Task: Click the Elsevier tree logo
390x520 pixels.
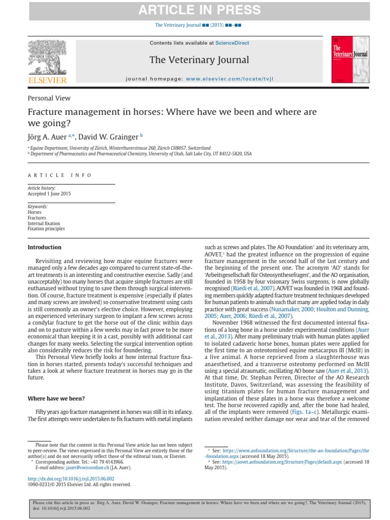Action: pos(46,59)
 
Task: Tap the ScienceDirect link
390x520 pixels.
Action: pos(232,43)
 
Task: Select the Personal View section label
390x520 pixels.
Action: pos(49,98)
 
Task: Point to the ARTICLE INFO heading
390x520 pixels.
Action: pos(60,175)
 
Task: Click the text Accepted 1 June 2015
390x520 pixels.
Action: pos(49,194)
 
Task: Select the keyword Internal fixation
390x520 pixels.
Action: pos(44,223)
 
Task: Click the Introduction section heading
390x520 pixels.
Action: pos(44,247)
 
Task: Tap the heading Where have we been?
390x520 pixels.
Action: pos(56,399)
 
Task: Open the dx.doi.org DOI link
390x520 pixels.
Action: pos(71,479)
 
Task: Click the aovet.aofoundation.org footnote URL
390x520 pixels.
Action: pos(276,462)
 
